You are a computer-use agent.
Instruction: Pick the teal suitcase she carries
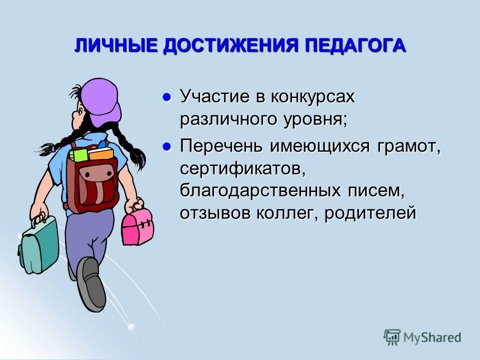[39, 245]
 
